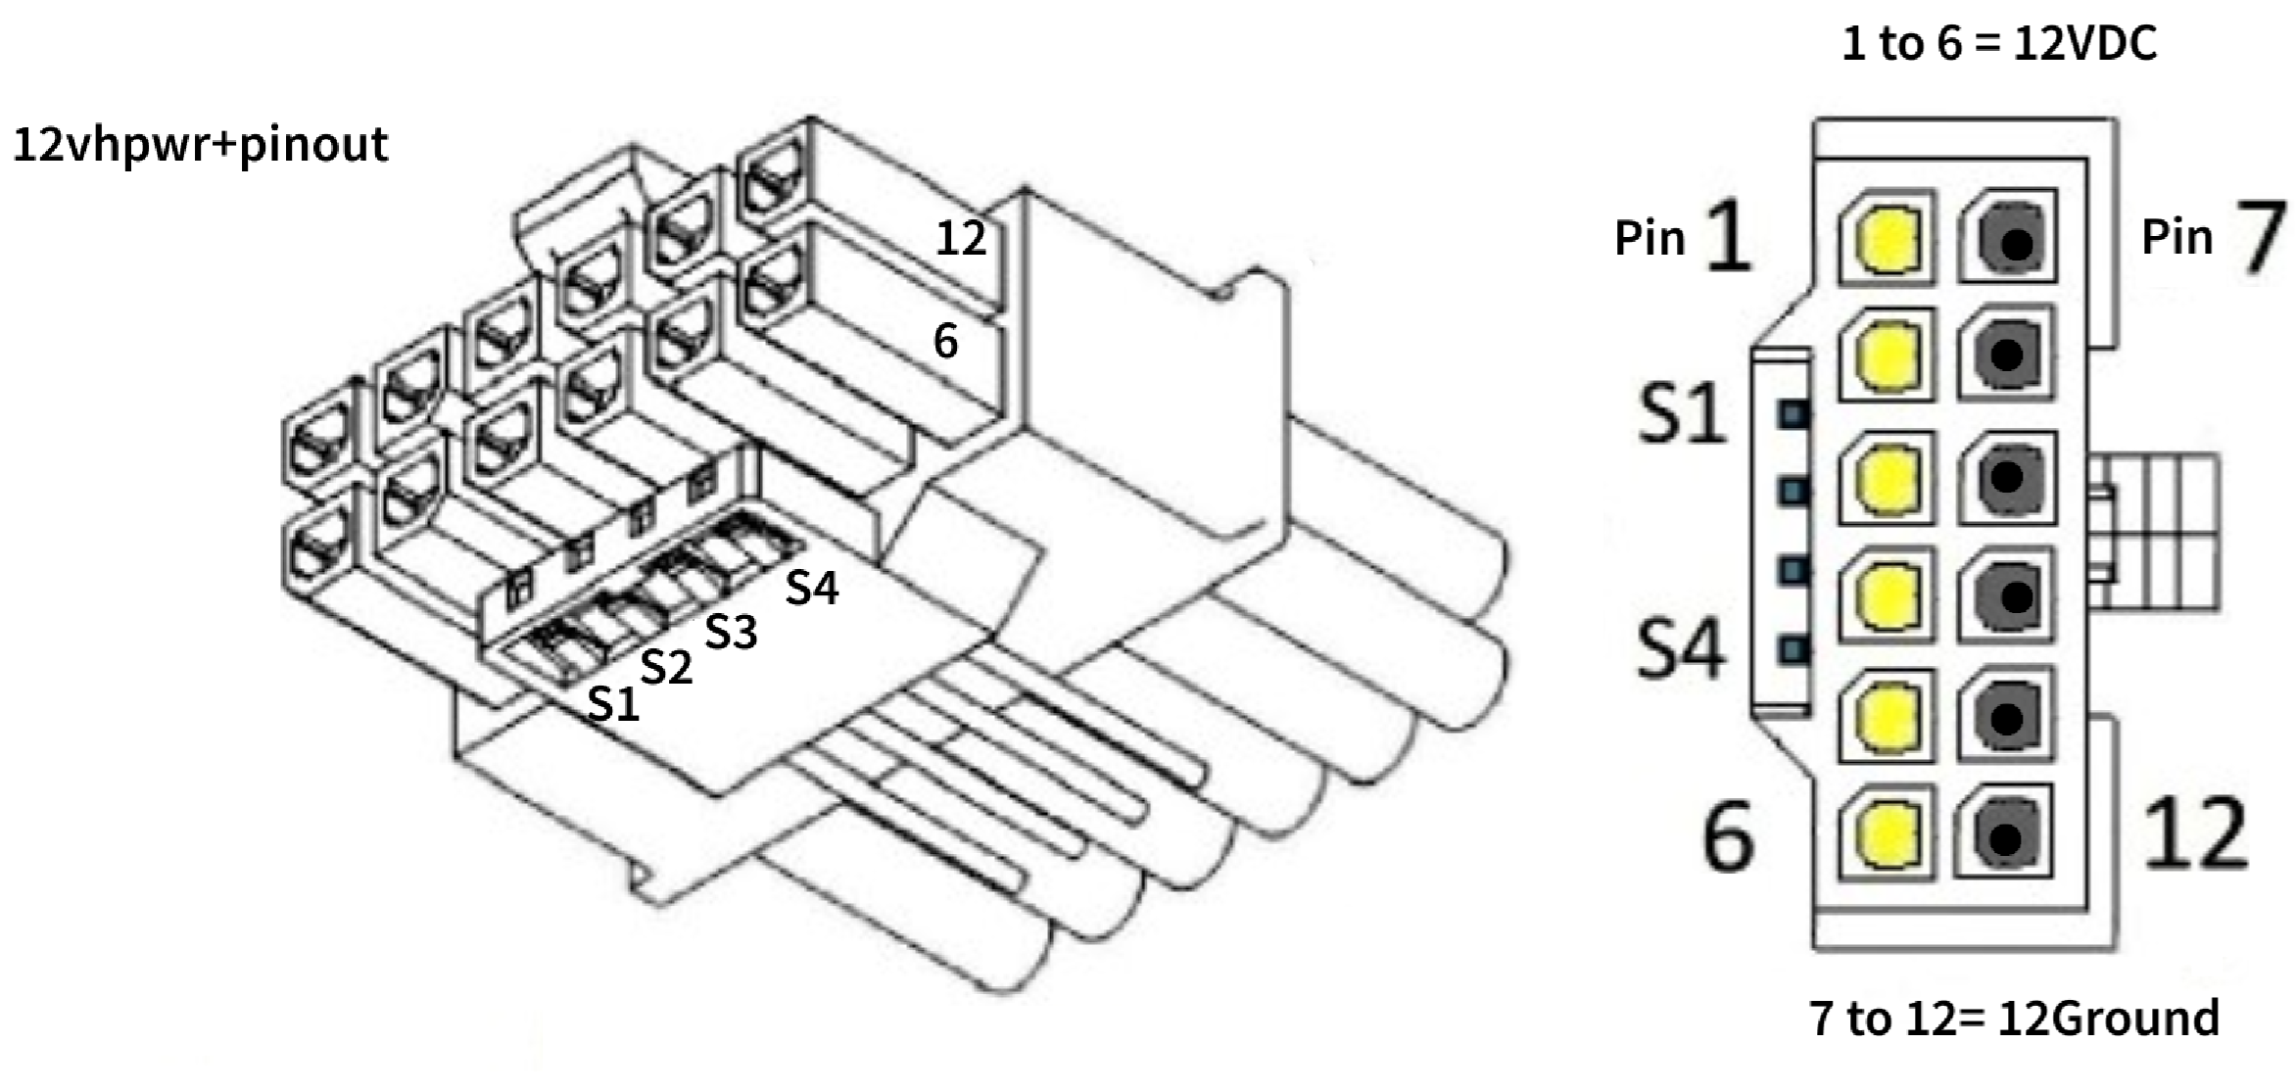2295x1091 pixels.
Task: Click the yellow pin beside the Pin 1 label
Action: coord(1887,237)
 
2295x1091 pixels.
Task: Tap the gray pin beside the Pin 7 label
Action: coord(2008,238)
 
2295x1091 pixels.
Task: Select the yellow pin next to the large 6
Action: coord(1886,834)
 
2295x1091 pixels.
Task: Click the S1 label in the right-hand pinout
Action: coord(1682,412)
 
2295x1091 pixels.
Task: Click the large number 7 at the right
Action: coord(2260,235)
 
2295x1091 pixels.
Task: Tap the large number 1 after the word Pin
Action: coord(1728,235)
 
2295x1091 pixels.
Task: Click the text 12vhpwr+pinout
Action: coord(201,146)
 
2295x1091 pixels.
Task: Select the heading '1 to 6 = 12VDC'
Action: coord(1999,44)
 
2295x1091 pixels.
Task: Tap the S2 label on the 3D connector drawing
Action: coord(666,667)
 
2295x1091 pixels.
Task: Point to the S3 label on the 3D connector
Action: coord(731,632)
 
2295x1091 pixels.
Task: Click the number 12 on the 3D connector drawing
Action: coord(961,238)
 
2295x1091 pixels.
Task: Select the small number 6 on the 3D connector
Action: coord(945,341)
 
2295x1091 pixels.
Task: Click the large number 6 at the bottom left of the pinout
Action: coord(1729,833)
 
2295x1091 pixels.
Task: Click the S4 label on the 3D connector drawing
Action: coord(812,588)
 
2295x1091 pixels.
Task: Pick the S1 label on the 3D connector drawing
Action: coord(613,703)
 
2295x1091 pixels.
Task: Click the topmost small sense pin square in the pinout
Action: coord(1793,414)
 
